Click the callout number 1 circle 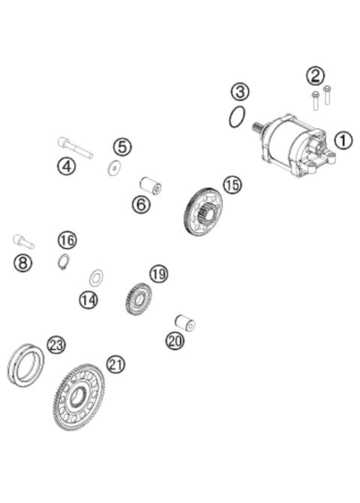pos(342,140)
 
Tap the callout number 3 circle pos(239,92)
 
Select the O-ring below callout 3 pos(237,117)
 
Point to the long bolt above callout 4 pos(74,147)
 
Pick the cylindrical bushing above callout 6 pos(150,184)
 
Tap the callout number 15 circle pos(232,184)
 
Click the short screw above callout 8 pos(23,241)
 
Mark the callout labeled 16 pos(67,240)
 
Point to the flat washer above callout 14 pos(96,279)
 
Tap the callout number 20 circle pos(175,341)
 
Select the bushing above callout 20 pos(184,323)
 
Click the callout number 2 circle pos(315,75)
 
